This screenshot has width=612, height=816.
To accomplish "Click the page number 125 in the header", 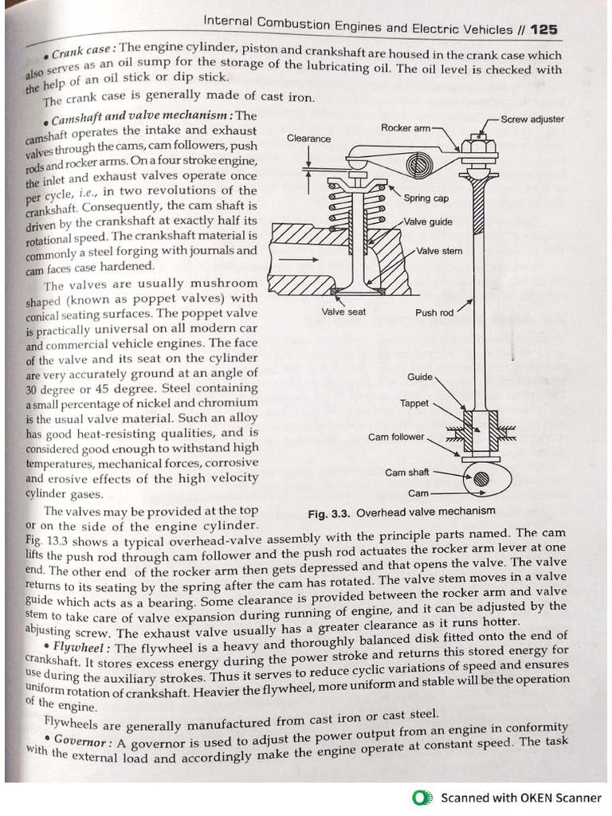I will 543,29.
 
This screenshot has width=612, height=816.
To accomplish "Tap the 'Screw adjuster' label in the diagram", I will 532,120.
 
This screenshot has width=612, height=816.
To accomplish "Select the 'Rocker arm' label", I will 406,127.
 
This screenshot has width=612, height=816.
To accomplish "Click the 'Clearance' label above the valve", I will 308,139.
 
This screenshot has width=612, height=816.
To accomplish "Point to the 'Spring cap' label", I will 426,198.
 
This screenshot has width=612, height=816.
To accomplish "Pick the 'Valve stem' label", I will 439,251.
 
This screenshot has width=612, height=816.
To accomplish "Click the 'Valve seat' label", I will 343,312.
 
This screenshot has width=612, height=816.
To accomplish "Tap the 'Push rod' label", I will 434,313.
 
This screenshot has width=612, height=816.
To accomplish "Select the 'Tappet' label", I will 414,403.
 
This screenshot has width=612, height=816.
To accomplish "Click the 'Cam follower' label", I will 396,437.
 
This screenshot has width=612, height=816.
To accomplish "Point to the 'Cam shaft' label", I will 406,473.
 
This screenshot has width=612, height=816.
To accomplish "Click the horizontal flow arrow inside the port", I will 292,259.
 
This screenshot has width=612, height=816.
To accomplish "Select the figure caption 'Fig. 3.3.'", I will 328,512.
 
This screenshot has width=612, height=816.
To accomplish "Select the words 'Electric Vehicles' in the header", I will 450,29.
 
